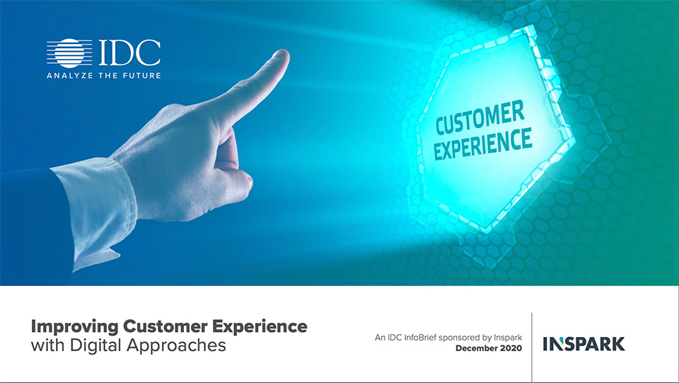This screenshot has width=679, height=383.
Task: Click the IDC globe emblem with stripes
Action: tap(69, 53)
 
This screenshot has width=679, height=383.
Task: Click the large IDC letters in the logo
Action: tap(129, 53)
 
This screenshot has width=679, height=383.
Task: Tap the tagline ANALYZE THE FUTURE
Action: tap(104, 75)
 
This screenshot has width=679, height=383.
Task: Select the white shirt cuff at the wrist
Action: tap(96, 207)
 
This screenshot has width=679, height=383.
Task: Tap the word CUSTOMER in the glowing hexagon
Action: tap(480, 118)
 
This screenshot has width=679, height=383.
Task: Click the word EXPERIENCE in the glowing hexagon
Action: tap(482, 144)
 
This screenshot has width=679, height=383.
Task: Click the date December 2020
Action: tap(489, 348)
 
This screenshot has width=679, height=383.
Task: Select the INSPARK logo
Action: tap(584, 344)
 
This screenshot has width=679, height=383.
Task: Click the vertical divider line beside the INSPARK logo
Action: tap(532, 347)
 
